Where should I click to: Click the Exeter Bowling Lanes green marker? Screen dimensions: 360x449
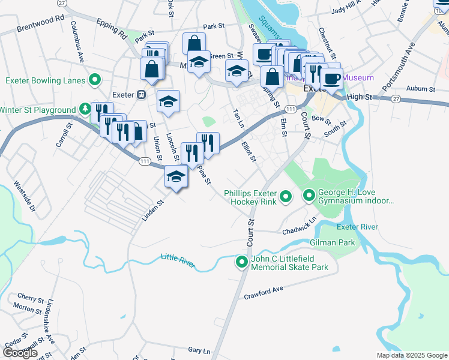coord(95,80)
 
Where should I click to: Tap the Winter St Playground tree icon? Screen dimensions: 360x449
coord(85,109)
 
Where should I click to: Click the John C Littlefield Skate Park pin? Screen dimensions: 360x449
coord(242,262)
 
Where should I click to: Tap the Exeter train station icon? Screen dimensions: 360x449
coord(142,95)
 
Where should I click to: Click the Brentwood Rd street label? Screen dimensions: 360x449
coord(40,19)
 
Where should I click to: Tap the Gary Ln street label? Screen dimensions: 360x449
coord(199,350)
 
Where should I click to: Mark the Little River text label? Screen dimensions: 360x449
coord(178,259)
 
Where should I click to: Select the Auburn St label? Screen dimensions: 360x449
coord(420,89)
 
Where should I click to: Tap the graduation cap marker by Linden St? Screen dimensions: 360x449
coord(175,176)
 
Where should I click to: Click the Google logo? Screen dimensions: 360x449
coord(20,352)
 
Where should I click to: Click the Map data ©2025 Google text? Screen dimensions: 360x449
coord(411,355)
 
